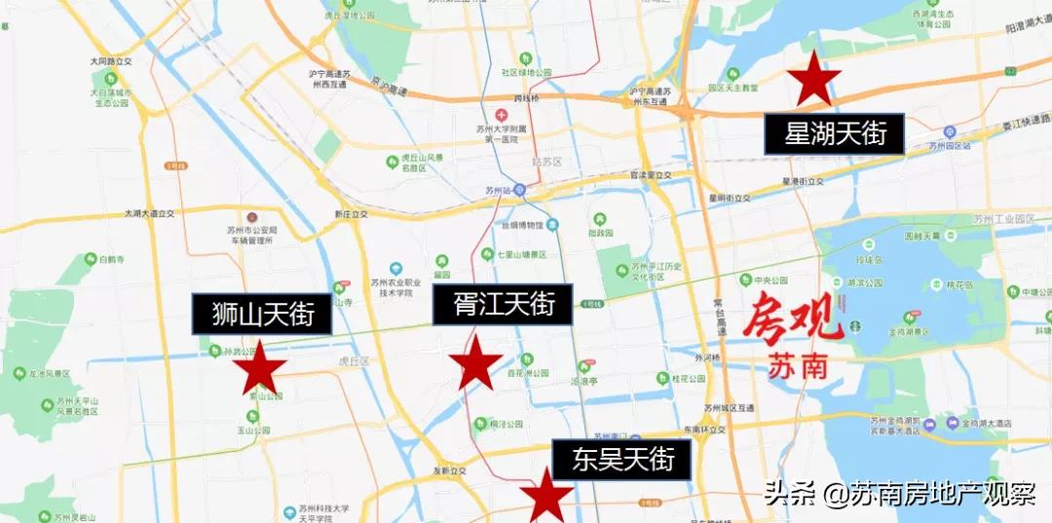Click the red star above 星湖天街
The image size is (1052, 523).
coord(813,79)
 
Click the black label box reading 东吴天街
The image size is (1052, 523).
coord(622,459)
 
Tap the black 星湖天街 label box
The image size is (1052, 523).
coord(835,134)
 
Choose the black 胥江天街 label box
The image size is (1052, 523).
coord(504,305)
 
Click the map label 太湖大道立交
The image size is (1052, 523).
coord(149,212)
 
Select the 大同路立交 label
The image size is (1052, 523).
coord(110,61)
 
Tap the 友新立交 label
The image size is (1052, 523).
coord(450,470)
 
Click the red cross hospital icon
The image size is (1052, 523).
coord(501,115)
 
